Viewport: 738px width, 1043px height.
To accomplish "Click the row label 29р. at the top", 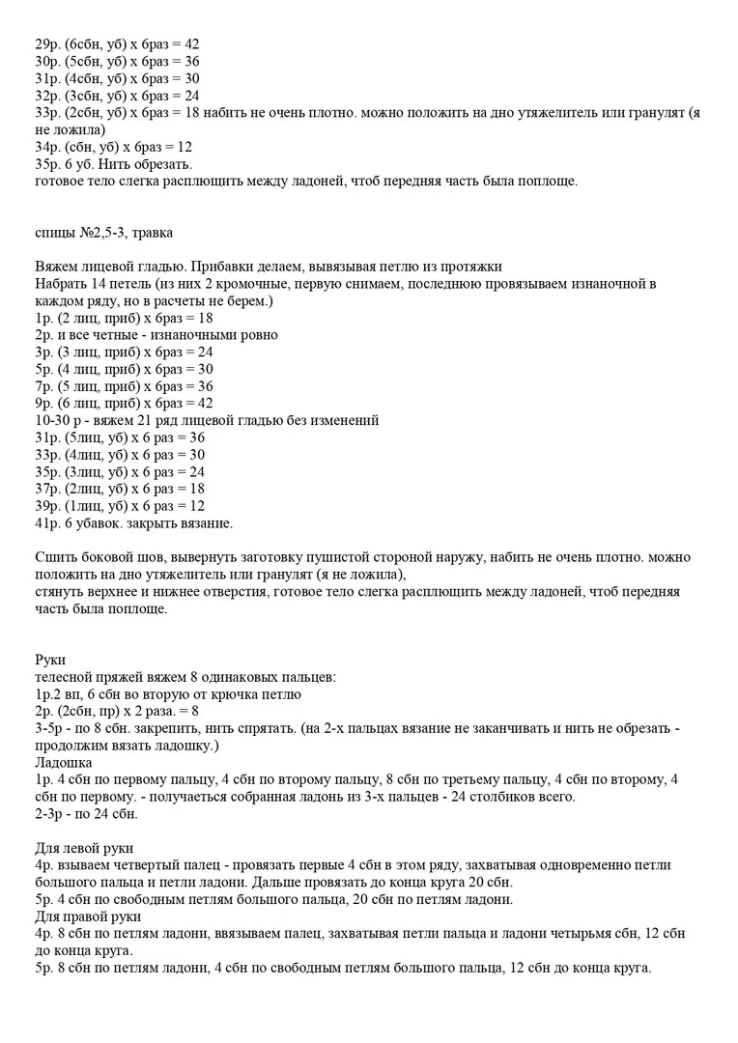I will click(45, 44).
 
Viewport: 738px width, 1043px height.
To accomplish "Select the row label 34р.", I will click(45, 147).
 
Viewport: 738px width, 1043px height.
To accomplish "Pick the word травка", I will click(153, 232).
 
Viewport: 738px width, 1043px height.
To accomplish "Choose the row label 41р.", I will click(45, 523).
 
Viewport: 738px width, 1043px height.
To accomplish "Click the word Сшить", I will click(54, 558).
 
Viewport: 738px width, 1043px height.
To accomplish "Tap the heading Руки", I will click(49, 660).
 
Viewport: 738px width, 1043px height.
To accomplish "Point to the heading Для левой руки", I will click(82, 848).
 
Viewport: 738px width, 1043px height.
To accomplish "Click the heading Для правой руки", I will click(87, 916).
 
